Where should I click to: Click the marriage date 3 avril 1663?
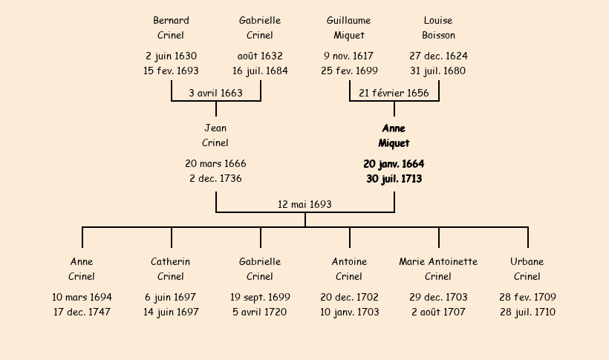pos(215,94)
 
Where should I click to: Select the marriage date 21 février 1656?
pos(394,94)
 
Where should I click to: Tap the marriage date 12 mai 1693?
pos(305,204)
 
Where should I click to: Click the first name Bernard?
pos(171,20)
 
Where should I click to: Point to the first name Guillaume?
pos(349,20)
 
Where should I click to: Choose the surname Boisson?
pos(438,35)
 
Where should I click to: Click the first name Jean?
pos(215,128)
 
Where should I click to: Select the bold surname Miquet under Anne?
pos(394,143)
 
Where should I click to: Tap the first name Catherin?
pos(171,261)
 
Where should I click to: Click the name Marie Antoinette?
pos(438,261)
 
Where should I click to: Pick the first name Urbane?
pos(527,261)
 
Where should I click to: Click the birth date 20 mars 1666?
pos(215,163)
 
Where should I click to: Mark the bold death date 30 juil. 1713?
pos(394,179)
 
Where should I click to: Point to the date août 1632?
pos(260,56)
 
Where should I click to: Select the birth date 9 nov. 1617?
pos(349,56)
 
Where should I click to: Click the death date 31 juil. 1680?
pos(438,71)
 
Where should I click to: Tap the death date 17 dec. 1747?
pos(82,312)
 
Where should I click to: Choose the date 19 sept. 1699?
pos(260,297)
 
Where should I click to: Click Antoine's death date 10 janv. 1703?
pos(350,312)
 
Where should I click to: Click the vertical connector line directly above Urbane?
pos(528,238)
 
